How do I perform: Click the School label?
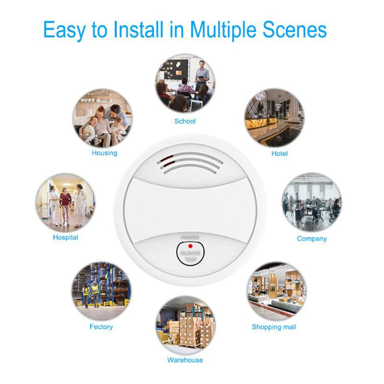click(185, 121)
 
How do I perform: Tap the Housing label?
click(104, 153)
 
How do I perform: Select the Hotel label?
click(279, 154)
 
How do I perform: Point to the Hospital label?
click(66, 237)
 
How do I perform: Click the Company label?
click(312, 238)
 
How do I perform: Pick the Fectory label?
click(101, 327)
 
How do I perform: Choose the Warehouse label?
click(185, 360)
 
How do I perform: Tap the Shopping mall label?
click(274, 327)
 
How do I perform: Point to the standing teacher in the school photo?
click(201, 75)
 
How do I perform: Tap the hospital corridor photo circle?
click(66, 202)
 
